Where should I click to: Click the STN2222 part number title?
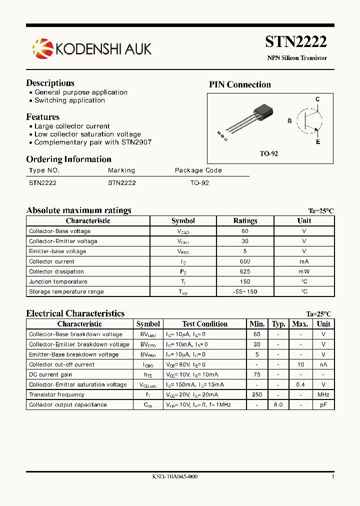tap(295, 41)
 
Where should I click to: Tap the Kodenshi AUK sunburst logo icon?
tap(42, 48)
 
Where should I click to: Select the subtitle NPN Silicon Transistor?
tap(297, 58)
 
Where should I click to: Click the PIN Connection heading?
tap(239, 84)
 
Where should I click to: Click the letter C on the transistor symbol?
tap(317, 99)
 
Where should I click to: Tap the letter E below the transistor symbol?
tap(317, 142)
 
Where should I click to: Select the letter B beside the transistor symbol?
tap(289, 121)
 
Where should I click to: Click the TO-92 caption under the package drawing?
tap(268, 153)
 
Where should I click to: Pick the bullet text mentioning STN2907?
tap(92, 142)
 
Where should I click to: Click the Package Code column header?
tap(198, 170)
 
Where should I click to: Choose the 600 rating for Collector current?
tap(245, 261)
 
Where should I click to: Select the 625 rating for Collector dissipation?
tap(245, 271)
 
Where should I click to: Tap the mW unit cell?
tap(304, 271)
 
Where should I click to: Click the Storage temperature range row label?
tap(66, 291)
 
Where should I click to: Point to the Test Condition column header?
tap(205, 324)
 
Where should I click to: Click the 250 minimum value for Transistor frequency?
tap(257, 394)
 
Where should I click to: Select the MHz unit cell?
tap(323, 394)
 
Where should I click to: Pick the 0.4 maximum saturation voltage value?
tap(300, 384)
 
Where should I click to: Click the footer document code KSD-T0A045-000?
tap(175, 476)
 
